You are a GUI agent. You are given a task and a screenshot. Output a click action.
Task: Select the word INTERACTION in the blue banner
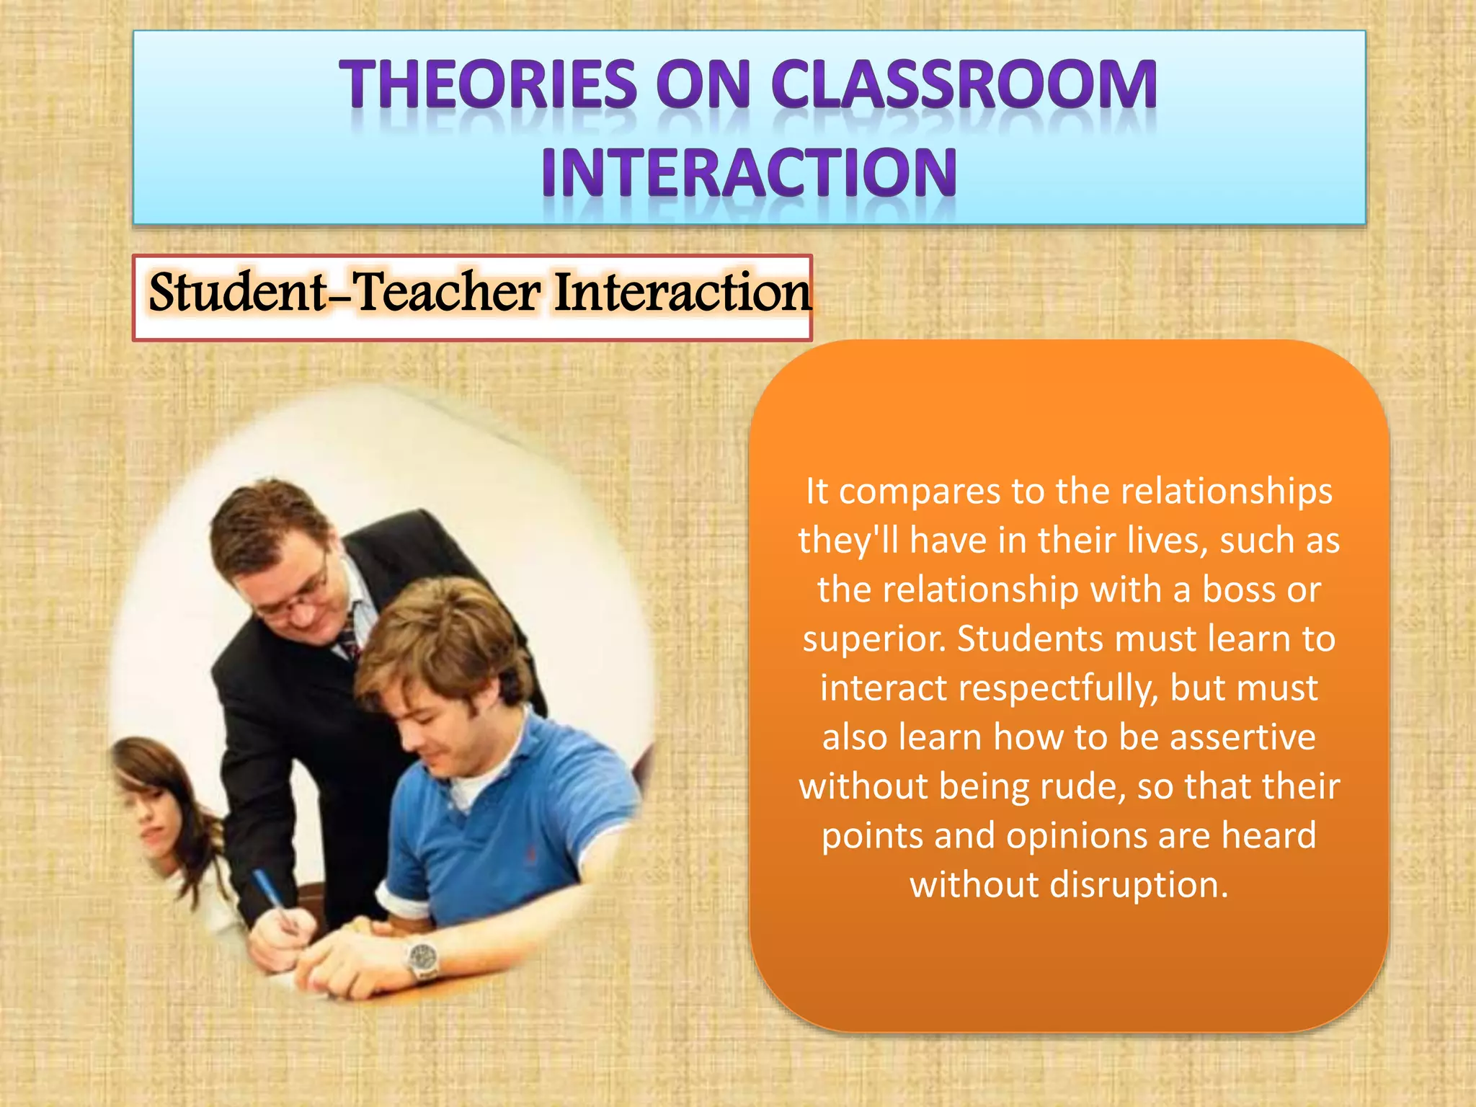750,172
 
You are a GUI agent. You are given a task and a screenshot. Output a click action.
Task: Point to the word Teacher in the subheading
447,293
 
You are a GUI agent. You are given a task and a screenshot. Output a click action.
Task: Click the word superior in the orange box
873,639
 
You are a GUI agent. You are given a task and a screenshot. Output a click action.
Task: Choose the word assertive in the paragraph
1242,737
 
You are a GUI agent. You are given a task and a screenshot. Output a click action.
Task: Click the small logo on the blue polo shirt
532,855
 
